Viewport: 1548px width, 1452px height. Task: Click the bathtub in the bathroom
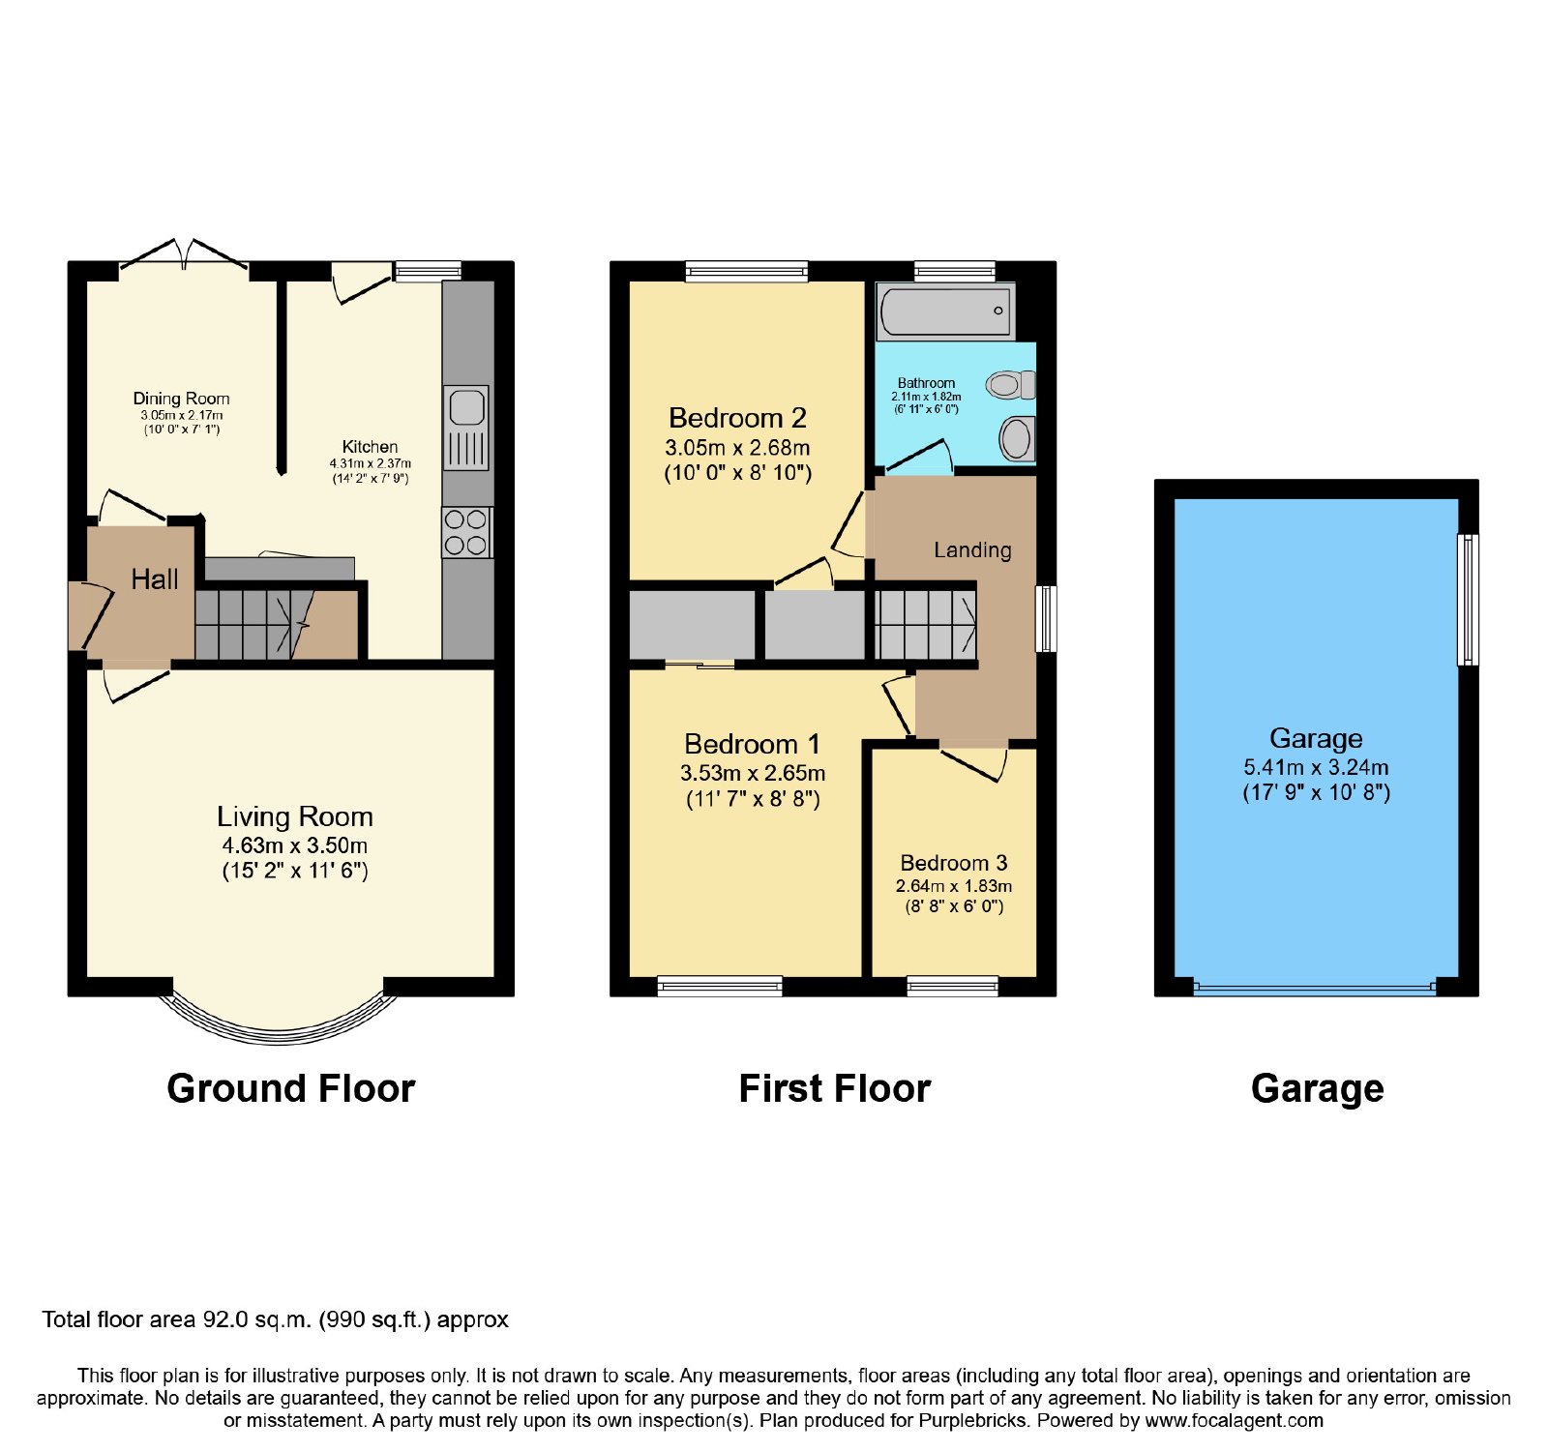click(x=945, y=311)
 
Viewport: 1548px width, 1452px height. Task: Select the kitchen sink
click(x=466, y=428)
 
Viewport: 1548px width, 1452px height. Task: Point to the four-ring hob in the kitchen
click(x=466, y=532)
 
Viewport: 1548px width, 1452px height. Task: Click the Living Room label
click(x=295, y=816)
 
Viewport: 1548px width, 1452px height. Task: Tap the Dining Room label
click(x=182, y=399)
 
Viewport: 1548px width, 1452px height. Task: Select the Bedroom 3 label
click(x=954, y=863)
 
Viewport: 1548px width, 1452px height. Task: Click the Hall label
click(x=155, y=579)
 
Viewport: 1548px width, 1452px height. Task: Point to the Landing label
click(x=972, y=550)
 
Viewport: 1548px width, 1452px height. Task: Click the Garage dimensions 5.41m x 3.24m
click(x=1316, y=767)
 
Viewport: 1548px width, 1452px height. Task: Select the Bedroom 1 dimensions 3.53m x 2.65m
click(x=753, y=773)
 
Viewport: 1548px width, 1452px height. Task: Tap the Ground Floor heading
click(x=291, y=1088)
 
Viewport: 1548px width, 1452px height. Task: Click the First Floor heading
click(x=835, y=1088)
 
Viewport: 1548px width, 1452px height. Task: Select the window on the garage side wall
click(x=1469, y=600)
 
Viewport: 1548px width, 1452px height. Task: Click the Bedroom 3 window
click(x=952, y=986)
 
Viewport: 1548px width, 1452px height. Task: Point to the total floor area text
click(x=275, y=1319)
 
